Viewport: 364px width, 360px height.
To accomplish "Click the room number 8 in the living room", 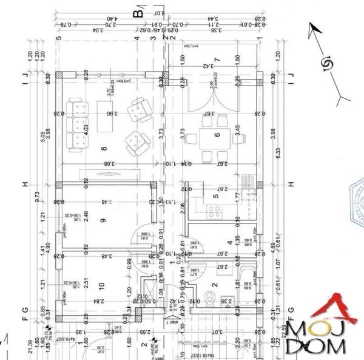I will (x=104, y=148).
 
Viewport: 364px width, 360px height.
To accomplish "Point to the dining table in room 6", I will (x=217, y=135).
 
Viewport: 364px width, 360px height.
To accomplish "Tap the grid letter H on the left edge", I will (x=25, y=185).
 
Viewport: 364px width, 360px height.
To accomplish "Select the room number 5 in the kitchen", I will (x=215, y=195).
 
